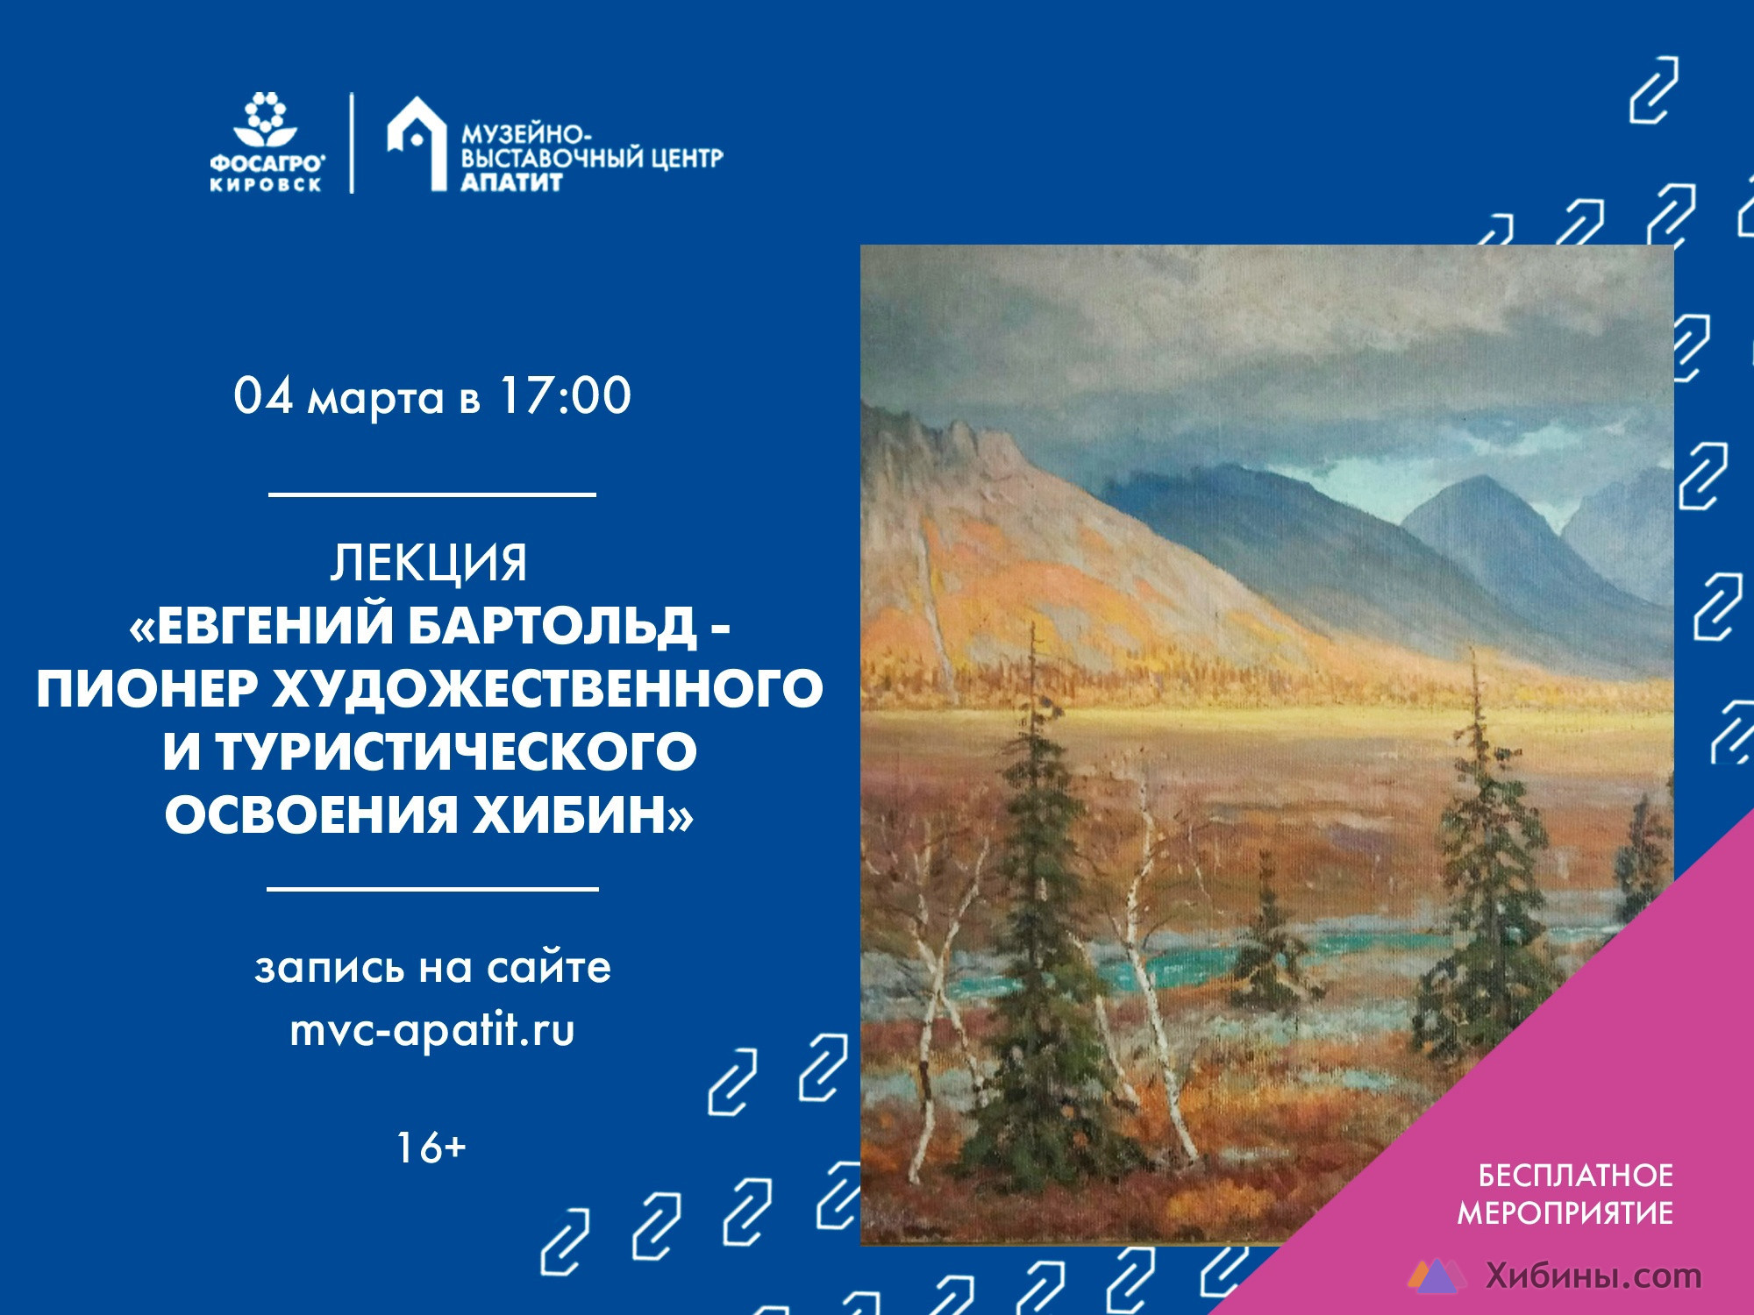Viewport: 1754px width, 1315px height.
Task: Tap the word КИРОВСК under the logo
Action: (x=266, y=185)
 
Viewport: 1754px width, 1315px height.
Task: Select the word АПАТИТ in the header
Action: (x=512, y=181)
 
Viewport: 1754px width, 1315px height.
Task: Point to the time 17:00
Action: (x=565, y=395)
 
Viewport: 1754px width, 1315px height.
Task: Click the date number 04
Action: (x=263, y=395)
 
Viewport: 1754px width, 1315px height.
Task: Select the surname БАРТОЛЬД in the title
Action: (x=552, y=627)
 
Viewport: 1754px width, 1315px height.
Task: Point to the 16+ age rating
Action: (x=430, y=1148)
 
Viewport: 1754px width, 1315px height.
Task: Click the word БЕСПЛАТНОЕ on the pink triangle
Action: (x=1575, y=1175)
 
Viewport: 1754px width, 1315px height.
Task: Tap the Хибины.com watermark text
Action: (x=1594, y=1276)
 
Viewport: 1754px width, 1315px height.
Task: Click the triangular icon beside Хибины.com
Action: (x=1437, y=1276)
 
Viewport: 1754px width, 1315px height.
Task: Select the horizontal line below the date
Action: (x=431, y=494)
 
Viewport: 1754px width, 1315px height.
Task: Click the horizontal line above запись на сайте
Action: (x=431, y=888)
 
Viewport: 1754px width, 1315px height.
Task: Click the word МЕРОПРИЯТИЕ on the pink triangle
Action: (x=1565, y=1212)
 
